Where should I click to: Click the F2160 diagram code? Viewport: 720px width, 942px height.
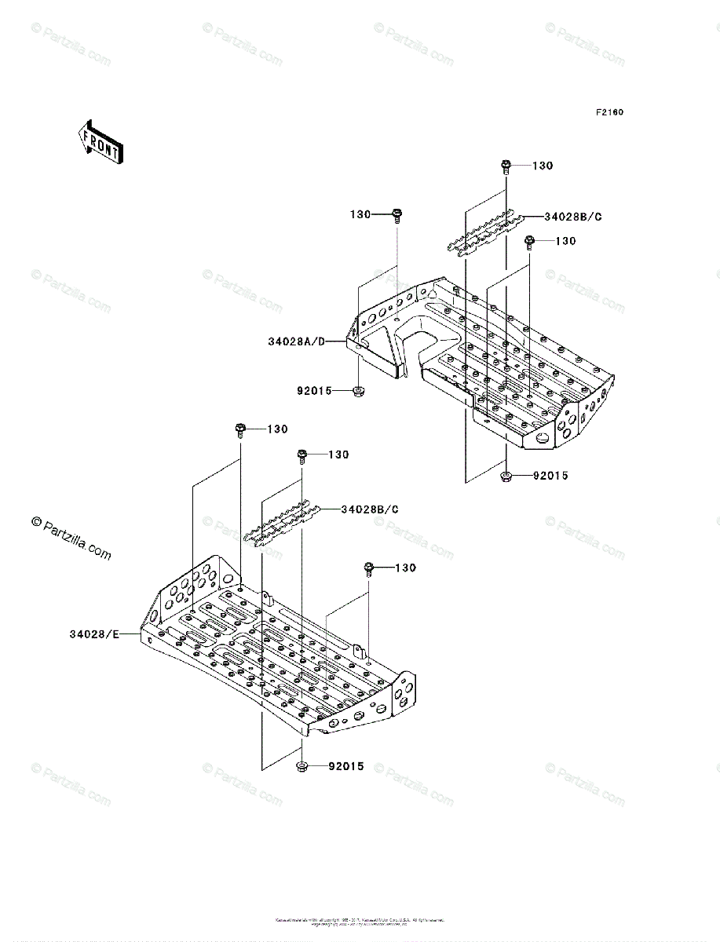pos(609,112)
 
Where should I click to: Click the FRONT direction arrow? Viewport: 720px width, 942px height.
pos(100,142)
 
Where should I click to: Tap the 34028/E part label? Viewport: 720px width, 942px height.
pos(93,633)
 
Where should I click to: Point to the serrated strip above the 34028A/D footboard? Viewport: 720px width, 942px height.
pos(481,232)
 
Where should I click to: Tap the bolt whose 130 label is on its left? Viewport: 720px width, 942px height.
pos(397,214)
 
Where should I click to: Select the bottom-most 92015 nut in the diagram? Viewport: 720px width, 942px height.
pos(302,766)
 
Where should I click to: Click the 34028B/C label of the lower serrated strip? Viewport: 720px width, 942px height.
pos(370,509)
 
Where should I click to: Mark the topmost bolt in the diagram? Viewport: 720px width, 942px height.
pos(506,166)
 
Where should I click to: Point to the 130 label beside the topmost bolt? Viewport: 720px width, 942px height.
pos(543,166)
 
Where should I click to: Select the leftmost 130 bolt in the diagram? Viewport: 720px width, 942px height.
pos(240,429)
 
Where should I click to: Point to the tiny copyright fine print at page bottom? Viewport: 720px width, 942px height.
pos(360,922)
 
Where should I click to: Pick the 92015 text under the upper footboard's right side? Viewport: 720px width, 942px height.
pos(550,476)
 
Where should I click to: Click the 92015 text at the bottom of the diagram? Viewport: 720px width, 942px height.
pos(346,766)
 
